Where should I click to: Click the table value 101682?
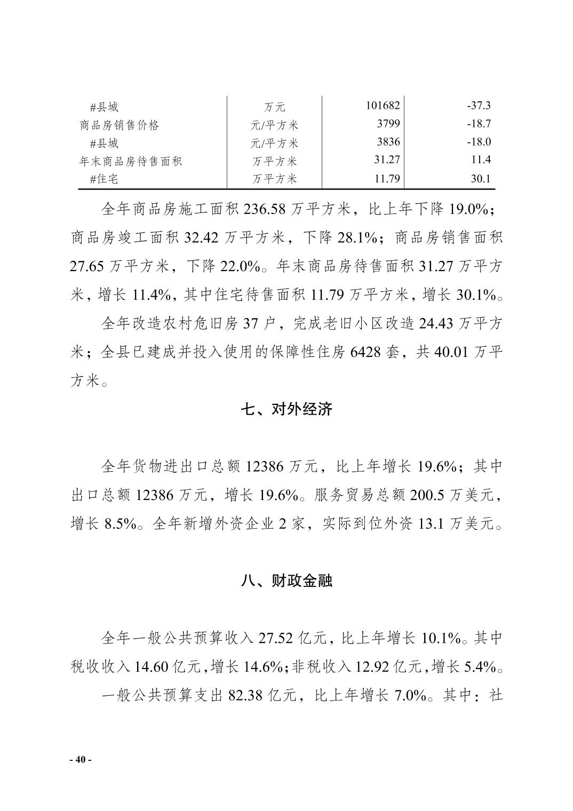click(x=383, y=105)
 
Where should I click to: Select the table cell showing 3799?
click(x=388, y=124)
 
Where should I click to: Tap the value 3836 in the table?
click(x=388, y=142)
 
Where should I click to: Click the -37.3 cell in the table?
click(x=479, y=105)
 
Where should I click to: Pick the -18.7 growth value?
click(x=479, y=124)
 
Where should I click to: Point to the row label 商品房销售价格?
click(x=120, y=125)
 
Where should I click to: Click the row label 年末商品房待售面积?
click(x=131, y=161)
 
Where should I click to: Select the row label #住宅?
click(x=105, y=179)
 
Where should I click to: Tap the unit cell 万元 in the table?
click(x=274, y=107)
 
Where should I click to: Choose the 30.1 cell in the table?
click(x=481, y=179)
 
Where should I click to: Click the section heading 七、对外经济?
click(x=286, y=409)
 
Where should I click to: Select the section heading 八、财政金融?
click(x=286, y=581)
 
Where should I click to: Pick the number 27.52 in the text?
click(x=276, y=638)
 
